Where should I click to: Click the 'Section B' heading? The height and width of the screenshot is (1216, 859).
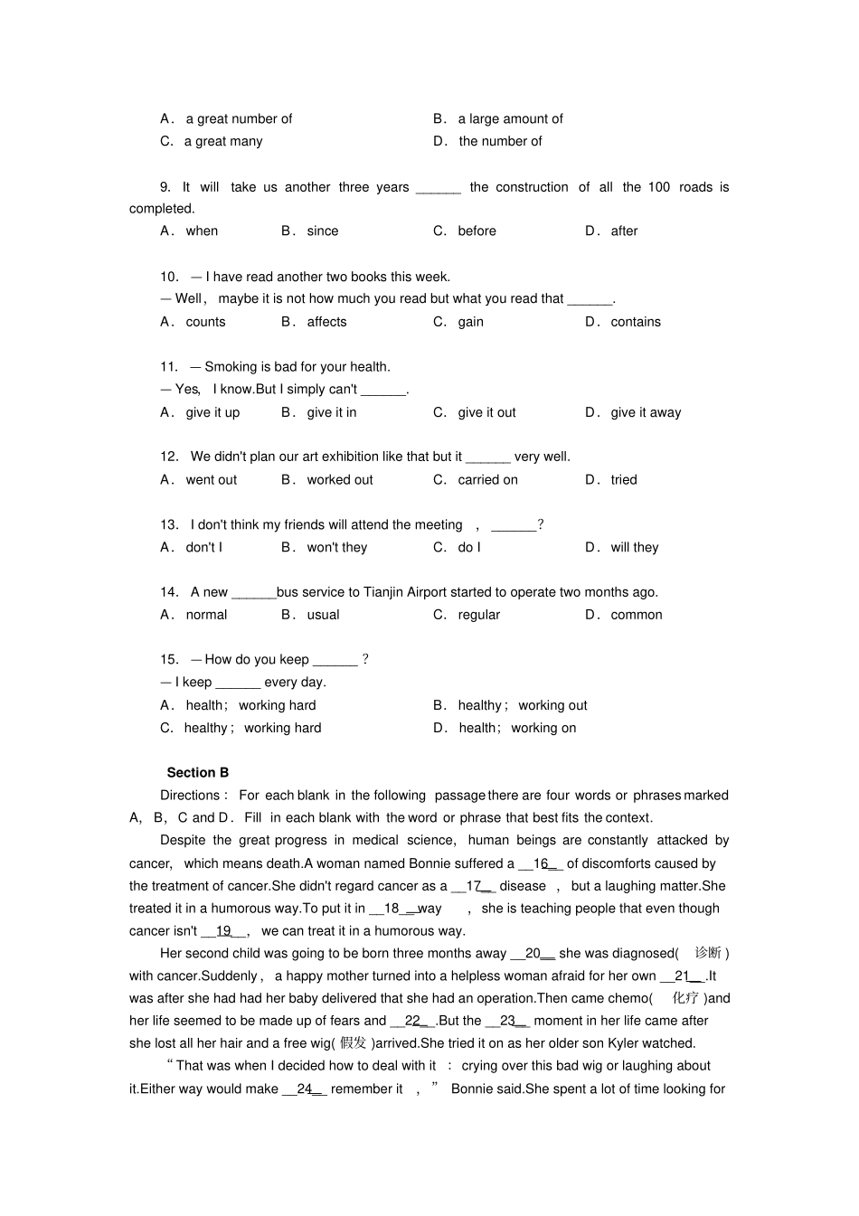click(197, 772)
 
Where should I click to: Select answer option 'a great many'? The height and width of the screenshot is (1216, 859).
click(222, 141)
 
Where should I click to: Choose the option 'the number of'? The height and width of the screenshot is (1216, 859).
click(500, 141)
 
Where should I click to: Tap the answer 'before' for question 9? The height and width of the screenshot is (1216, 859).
click(477, 231)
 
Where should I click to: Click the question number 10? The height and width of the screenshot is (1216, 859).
click(170, 277)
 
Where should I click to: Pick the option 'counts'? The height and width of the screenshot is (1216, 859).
click(205, 322)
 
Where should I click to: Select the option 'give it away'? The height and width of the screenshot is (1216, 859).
click(646, 412)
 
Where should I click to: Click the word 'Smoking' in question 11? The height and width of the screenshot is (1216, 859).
click(231, 366)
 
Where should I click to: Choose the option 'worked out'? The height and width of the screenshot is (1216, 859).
click(339, 479)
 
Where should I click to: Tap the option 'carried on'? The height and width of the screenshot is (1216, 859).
click(487, 479)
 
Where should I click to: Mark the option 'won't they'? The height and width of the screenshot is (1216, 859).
click(336, 547)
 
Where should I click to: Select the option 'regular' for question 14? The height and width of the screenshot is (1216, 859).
click(478, 615)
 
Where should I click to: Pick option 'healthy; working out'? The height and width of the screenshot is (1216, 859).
click(522, 705)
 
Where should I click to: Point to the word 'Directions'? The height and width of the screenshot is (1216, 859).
click(190, 795)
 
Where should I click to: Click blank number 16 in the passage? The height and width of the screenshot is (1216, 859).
click(541, 863)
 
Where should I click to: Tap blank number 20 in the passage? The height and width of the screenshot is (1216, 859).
click(533, 953)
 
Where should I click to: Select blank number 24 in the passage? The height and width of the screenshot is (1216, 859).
click(304, 1089)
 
